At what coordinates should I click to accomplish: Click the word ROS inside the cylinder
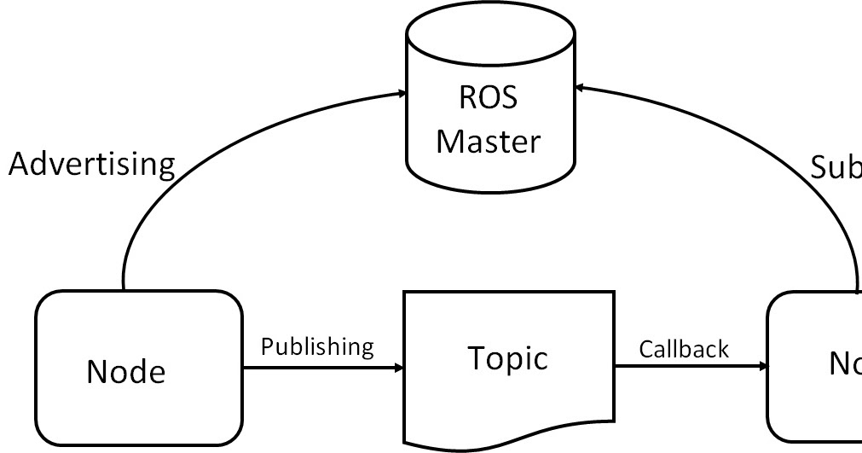(489, 98)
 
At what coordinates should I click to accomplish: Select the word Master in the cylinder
(489, 141)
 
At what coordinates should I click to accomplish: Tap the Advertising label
(91, 164)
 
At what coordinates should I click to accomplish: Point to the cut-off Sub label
(836, 169)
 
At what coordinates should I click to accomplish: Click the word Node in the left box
(126, 371)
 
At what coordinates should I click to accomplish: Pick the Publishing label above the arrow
(317, 346)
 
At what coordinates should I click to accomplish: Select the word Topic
(507, 358)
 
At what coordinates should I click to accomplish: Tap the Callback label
(684, 349)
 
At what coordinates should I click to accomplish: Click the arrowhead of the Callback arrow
(763, 368)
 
